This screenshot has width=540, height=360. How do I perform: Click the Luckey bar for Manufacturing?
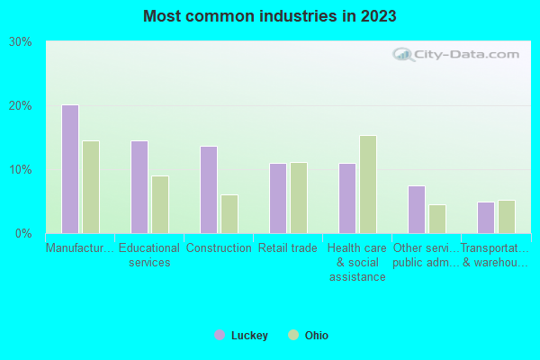tap(70, 169)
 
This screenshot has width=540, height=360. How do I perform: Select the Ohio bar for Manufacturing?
tap(91, 187)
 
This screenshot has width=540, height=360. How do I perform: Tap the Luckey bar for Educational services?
tap(139, 187)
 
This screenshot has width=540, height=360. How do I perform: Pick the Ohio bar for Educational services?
tap(160, 204)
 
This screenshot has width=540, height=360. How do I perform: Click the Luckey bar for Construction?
tap(209, 190)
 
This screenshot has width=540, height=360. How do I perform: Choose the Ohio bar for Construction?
tap(229, 214)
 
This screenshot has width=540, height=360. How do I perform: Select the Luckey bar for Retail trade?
tap(278, 198)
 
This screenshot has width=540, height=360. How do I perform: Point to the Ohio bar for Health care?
tap(368, 184)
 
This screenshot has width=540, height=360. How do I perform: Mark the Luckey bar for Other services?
tap(417, 210)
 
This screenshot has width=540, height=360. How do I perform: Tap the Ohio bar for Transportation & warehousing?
tap(507, 217)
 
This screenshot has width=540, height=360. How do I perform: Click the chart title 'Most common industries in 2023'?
tap(270, 16)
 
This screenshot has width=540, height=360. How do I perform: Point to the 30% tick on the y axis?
tap(20, 42)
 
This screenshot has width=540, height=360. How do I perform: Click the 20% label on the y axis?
tap(20, 106)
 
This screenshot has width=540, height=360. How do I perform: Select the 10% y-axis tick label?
tap(20, 170)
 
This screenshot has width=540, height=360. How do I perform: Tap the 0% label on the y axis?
tap(22, 234)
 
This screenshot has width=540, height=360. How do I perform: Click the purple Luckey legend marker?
tap(219, 336)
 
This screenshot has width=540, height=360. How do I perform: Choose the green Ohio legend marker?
tap(292, 336)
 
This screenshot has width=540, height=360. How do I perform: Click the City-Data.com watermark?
tap(458, 54)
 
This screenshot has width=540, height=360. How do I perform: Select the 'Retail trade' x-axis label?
tap(287, 248)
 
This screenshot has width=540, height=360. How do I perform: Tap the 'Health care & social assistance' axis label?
tap(356, 262)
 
